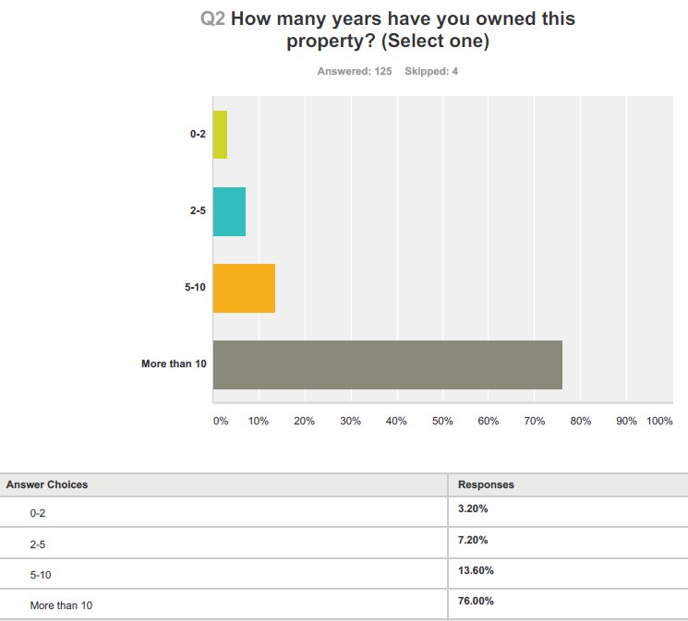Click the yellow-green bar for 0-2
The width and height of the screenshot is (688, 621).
tap(220, 135)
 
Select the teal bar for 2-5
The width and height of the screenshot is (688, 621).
tap(229, 211)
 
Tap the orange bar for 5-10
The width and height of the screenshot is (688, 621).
tap(244, 288)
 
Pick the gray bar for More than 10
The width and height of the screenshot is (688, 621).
tap(387, 364)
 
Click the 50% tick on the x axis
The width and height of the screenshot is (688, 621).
tap(442, 421)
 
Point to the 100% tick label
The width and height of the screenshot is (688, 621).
tap(659, 421)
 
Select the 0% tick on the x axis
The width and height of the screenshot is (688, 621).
tap(220, 421)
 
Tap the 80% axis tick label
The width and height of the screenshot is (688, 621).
tap(580, 421)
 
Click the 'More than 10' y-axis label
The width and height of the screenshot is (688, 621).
tap(174, 364)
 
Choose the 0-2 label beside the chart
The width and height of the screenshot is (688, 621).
tap(198, 135)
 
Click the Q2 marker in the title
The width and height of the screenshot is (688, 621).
tap(213, 18)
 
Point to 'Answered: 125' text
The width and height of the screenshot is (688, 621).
tap(355, 71)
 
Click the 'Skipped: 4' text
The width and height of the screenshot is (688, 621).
tap(431, 71)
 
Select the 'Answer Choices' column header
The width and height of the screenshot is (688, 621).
tap(47, 484)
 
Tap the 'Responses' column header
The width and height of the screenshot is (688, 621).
tap(486, 484)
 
